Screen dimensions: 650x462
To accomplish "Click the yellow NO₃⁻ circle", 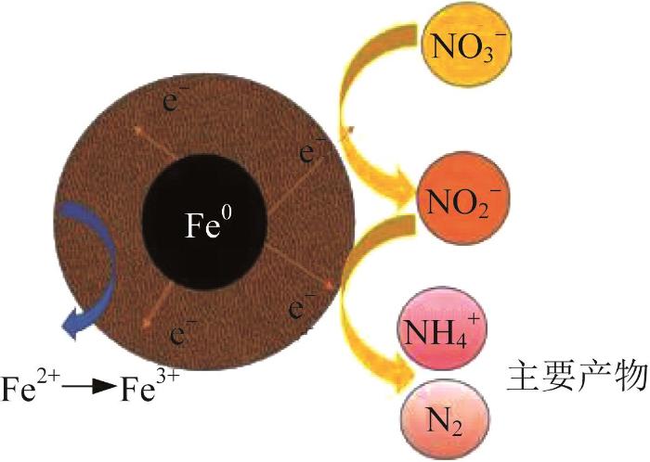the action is point(466,44).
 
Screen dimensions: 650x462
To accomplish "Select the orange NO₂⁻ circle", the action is point(463,199).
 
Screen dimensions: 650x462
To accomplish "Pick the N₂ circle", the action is point(445,419).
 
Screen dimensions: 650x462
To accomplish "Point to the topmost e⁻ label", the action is point(171,98).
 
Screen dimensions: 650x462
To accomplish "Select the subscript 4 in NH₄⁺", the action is point(461,339).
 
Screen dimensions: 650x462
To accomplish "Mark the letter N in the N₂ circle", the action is point(437,421).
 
